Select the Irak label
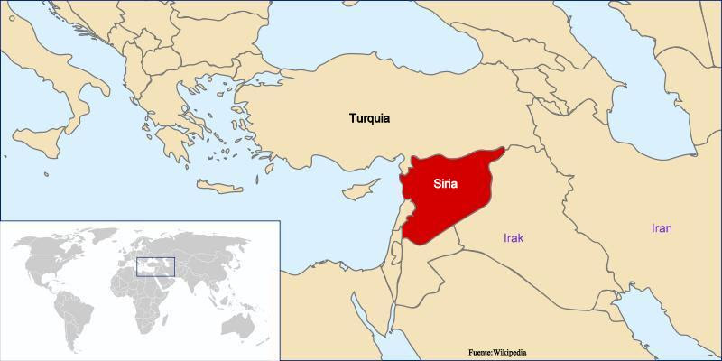pyautogui.click(x=514, y=238)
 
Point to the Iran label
pyautogui.click(x=662, y=228)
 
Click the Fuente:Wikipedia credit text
pyautogui.click(x=510, y=351)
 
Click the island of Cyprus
pyautogui.click(x=360, y=192)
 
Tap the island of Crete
pyautogui.click(x=221, y=187)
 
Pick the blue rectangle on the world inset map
pyautogui.click(x=153, y=266)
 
